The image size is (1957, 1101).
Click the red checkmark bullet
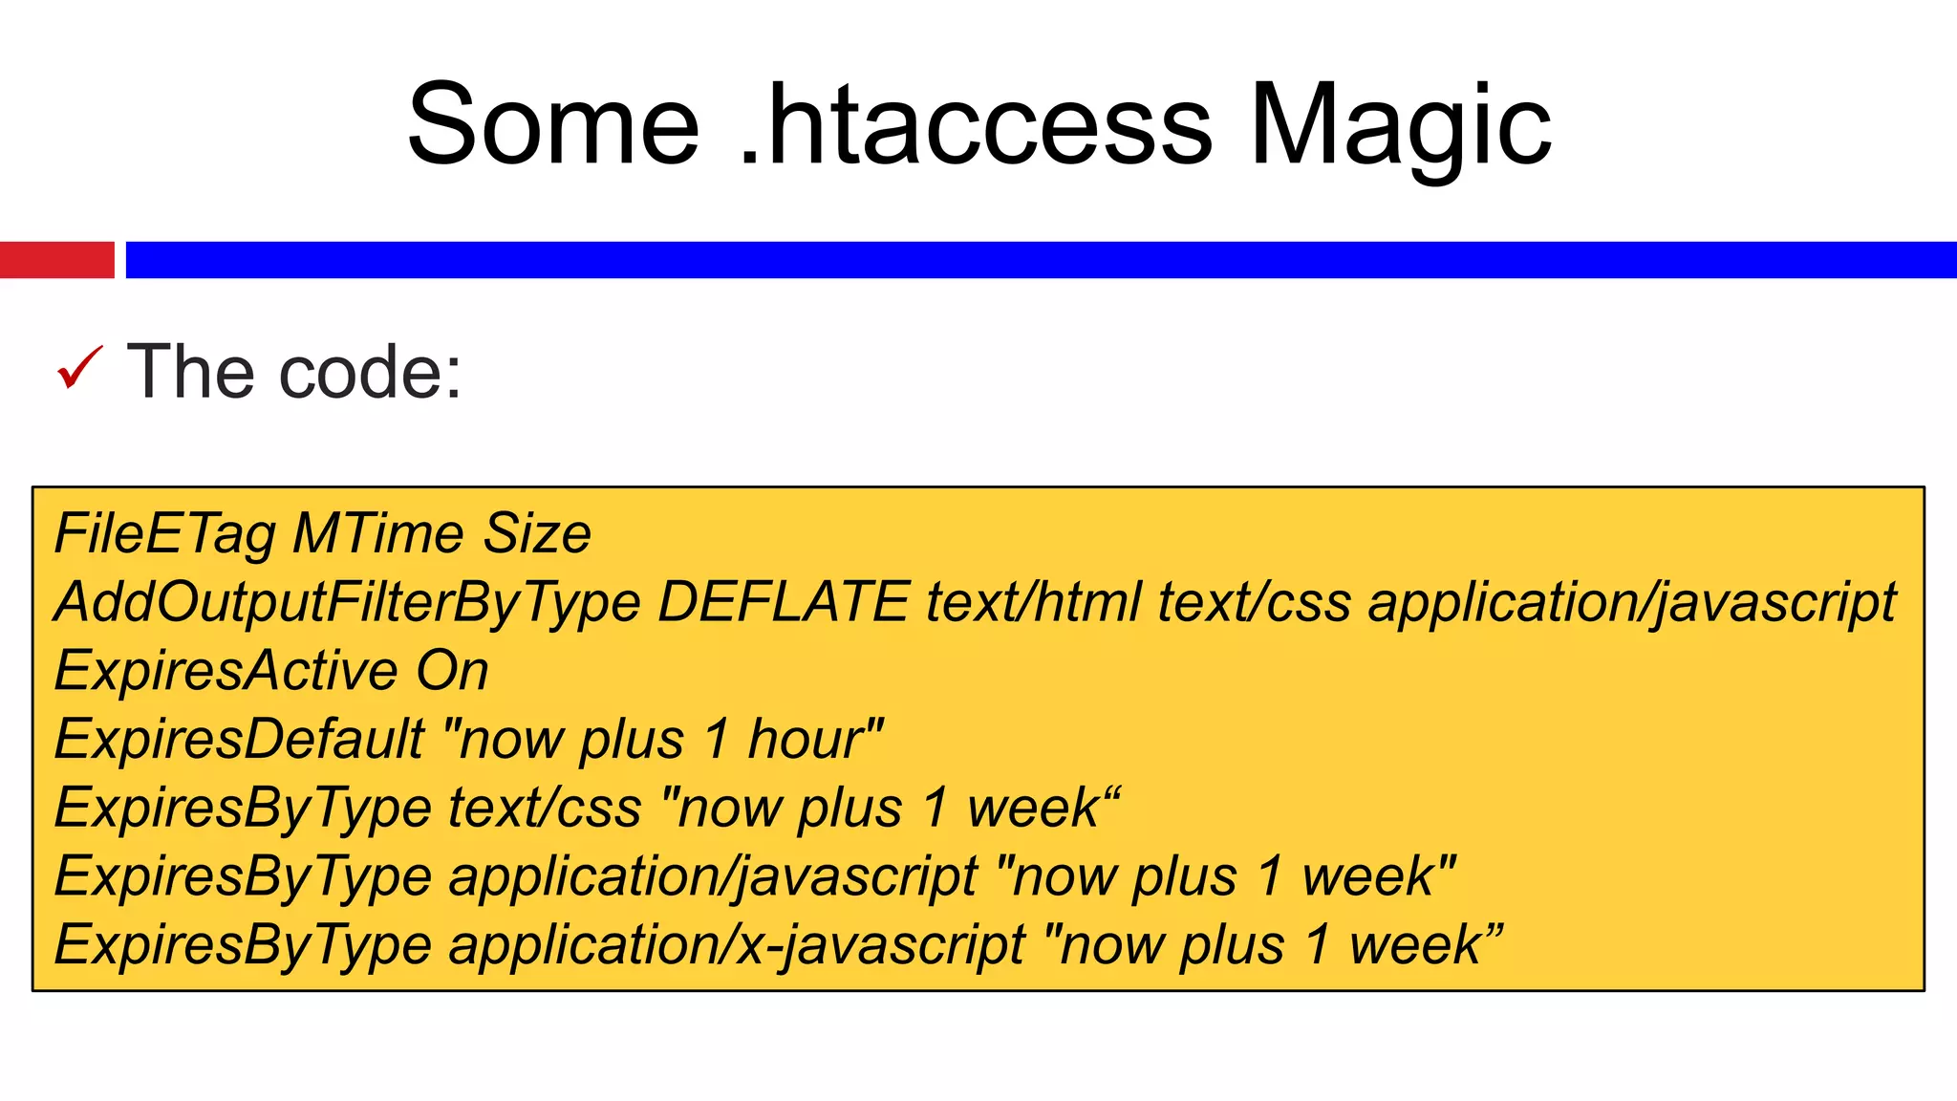coord(79,368)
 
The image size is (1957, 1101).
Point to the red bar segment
coord(56,260)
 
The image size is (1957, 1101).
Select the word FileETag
coord(165,533)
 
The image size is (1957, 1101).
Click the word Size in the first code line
coord(537,533)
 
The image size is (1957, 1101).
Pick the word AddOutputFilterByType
coord(347,602)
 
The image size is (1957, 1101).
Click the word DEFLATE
coord(784,602)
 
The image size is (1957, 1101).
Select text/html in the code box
coord(1033,602)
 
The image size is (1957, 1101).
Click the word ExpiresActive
coord(226,670)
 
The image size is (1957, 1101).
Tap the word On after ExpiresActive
coord(452,670)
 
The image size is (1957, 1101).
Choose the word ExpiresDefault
coord(240,739)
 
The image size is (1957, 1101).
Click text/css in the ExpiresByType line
coord(545,808)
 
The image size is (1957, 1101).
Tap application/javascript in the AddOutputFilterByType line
coord(1632,602)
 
